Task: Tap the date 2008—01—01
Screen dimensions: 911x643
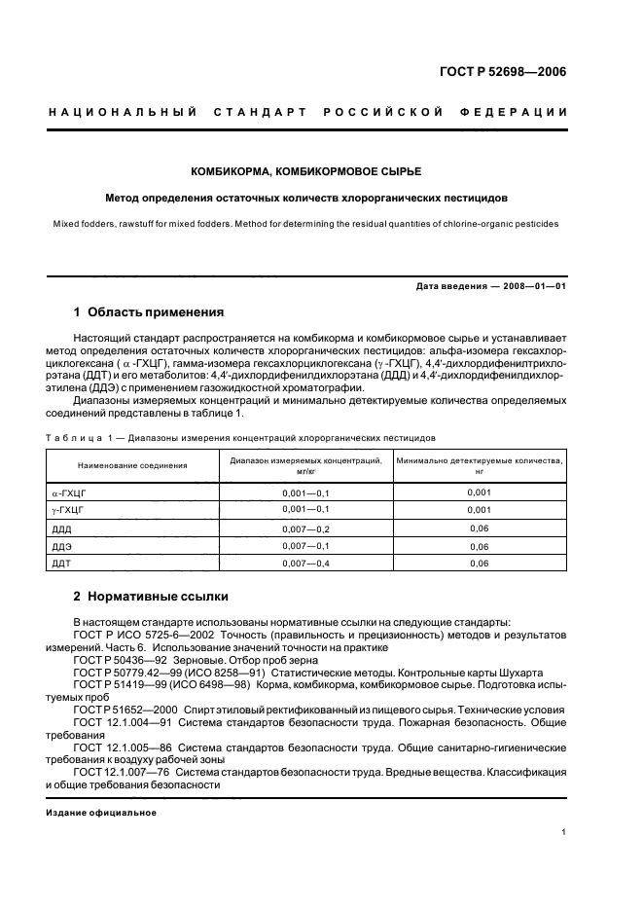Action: pos(532,284)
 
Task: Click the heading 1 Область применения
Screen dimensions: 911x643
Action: pos(149,312)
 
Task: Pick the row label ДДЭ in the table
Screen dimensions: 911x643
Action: pos(61,546)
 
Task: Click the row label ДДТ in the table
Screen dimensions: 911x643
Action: pos(60,564)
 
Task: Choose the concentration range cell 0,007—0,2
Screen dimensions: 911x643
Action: pos(306,528)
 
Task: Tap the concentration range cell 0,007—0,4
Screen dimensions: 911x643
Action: pos(306,564)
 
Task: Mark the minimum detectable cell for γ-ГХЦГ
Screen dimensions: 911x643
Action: pos(478,510)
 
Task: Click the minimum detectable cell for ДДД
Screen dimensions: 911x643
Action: pos(478,528)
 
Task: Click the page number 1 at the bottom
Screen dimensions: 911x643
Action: pos(564,832)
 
